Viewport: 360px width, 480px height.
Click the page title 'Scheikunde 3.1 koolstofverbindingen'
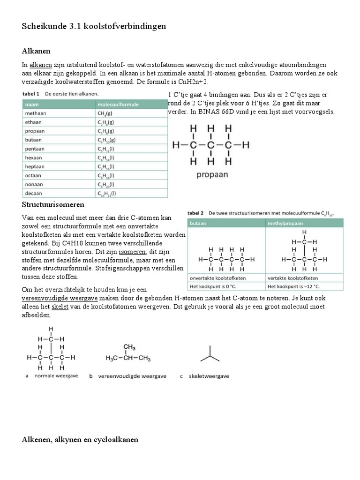pos(94,27)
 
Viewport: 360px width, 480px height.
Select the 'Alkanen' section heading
pos(36,51)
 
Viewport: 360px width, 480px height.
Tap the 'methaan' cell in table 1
pos(36,113)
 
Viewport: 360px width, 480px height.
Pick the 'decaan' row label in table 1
pos(34,193)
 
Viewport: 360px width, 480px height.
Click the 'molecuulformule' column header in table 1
pos(118,104)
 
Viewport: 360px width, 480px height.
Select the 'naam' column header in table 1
pos(32,104)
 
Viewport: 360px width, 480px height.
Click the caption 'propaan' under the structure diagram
pos(209,174)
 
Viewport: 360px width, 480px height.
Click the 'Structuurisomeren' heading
pos(53,205)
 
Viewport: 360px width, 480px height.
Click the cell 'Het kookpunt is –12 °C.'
pos(293,286)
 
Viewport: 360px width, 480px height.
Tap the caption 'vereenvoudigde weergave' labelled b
pos(129,376)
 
